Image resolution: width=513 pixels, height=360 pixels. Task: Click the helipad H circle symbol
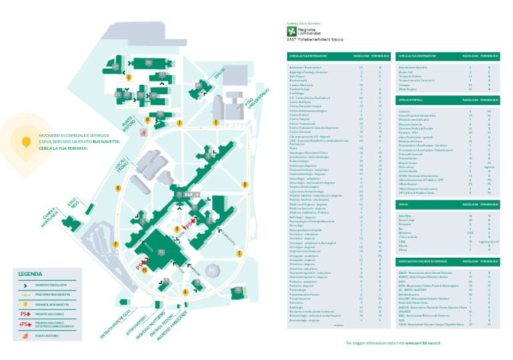click(x=212, y=271)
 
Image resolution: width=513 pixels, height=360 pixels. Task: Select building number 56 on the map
click(x=148, y=63)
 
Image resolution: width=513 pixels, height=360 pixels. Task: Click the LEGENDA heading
click(x=31, y=274)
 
